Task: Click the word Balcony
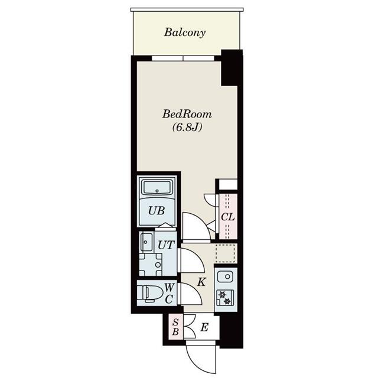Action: point(185,32)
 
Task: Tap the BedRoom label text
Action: point(187,114)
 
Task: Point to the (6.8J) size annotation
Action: point(187,127)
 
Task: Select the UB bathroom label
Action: point(156,210)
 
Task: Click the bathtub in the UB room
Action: point(157,190)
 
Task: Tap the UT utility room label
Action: point(166,244)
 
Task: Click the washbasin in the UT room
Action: point(146,242)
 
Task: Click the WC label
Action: point(168,292)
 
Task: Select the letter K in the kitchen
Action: point(201,282)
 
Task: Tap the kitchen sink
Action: point(225,276)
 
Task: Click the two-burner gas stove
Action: point(225,298)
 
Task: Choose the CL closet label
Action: point(228,217)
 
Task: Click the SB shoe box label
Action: point(175,327)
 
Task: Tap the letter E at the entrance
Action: point(204,327)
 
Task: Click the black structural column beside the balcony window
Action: point(232,67)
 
